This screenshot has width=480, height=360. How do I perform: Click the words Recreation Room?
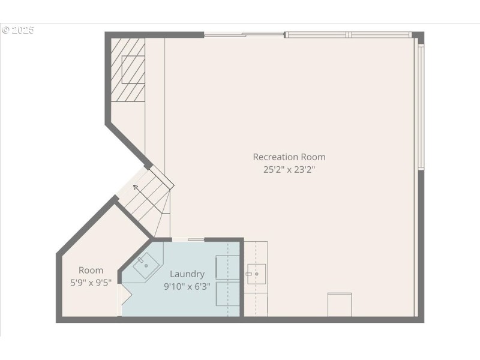(x=289, y=157)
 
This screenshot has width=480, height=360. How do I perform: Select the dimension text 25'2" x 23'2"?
(x=289, y=169)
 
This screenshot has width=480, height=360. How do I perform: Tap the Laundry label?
(x=187, y=274)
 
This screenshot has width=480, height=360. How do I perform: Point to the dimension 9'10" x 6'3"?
(x=187, y=286)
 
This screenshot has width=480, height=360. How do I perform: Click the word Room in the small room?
(x=91, y=271)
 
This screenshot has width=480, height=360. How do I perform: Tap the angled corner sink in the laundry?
(x=144, y=265)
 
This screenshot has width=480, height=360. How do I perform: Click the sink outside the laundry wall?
(x=256, y=274)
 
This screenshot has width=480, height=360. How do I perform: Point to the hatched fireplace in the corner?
(x=128, y=70)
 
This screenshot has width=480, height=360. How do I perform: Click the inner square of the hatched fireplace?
(x=133, y=69)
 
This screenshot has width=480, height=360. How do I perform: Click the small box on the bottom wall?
(x=339, y=304)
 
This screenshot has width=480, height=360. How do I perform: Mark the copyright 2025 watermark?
(x=18, y=30)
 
